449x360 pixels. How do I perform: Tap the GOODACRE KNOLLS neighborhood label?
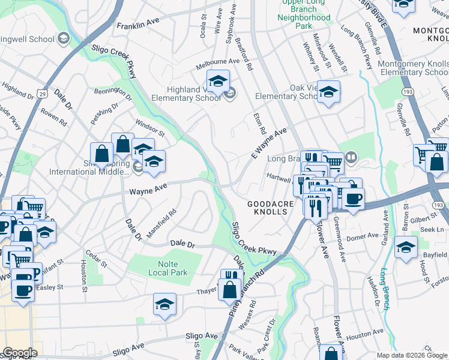pos(271,205)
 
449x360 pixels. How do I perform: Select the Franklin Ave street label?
pos(137,23)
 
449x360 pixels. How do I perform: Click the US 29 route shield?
pos(41,94)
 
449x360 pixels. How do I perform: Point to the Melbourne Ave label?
pos(207,61)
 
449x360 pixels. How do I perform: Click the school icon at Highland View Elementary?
pos(218,80)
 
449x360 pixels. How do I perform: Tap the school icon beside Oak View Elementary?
pos(328,92)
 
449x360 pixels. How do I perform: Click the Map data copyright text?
pos(412,355)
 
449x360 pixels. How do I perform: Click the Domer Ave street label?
pos(364,237)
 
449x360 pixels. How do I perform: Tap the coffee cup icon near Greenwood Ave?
pos(352,197)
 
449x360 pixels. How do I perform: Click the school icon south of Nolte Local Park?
pos(164,304)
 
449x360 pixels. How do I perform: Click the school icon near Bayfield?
pos(406,246)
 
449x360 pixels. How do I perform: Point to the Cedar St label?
pos(96,260)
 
